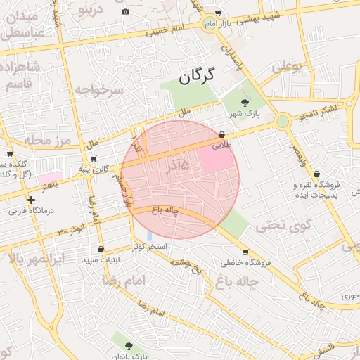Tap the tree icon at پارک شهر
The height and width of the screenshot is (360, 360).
[x=245, y=103]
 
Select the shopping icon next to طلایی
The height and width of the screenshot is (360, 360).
[x=222, y=134]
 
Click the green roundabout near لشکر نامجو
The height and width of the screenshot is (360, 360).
[x=283, y=122]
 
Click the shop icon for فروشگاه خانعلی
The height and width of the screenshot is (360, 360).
[x=245, y=252]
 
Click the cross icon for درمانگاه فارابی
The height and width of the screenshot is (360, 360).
[x=31, y=200]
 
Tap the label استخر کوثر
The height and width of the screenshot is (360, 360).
[x=150, y=247]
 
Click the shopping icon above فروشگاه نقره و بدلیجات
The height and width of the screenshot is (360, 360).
[x=316, y=174]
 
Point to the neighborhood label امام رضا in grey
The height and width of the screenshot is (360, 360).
[x=124, y=280]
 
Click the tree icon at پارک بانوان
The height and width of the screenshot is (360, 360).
[x=128, y=345]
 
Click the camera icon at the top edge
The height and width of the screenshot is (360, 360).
[x=125, y=11]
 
